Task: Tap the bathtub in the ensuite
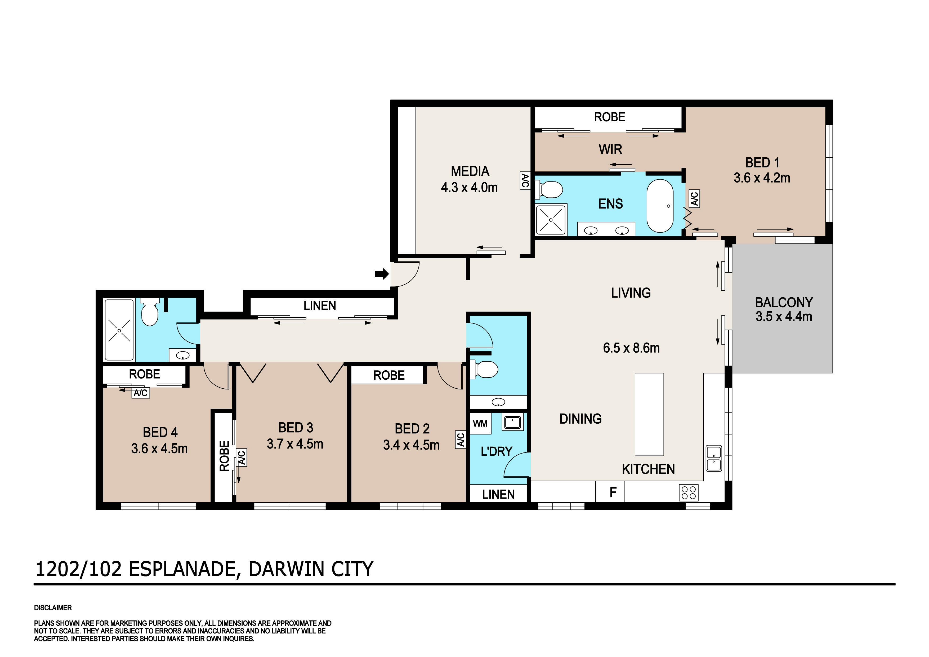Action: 660,206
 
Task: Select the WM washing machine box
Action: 480,423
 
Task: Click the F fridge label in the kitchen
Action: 613,492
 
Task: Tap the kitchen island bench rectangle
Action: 649,414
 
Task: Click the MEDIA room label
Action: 470,171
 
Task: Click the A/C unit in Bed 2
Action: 461,440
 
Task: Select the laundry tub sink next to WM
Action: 513,422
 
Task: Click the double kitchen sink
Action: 714,458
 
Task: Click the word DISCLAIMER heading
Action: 53,608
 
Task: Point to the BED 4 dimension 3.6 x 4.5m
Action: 159,449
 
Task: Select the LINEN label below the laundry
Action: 498,494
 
